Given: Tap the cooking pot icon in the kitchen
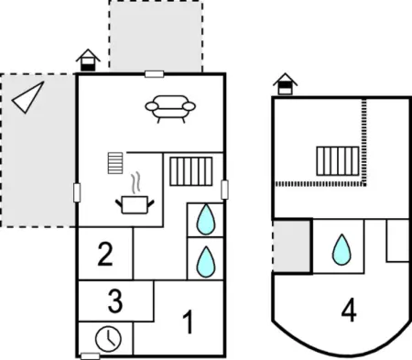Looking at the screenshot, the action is [x=135, y=204].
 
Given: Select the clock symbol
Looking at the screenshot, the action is [x=108, y=339].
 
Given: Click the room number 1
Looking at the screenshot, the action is [x=189, y=322].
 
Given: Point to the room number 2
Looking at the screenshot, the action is [x=105, y=254].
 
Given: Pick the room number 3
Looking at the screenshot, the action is [x=115, y=301].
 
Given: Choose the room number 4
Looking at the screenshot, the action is [x=349, y=311].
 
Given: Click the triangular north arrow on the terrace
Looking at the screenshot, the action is [x=27, y=97].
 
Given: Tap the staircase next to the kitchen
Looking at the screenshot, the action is [x=191, y=171].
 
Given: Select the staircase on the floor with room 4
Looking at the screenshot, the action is [x=338, y=161].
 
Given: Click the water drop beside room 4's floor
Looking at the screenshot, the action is [x=342, y=250].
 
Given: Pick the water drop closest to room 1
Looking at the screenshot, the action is [x=206, y=262].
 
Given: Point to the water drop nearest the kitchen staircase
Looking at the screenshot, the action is [x=206, y=220].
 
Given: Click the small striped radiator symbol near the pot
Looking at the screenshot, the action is [x=115, y=163].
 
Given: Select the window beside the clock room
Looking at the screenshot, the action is [x=91, y=356].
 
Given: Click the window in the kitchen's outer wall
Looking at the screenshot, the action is [x=77, y=192].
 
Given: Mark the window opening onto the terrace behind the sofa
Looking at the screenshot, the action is [x=155, y=74].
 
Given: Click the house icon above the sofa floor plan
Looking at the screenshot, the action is [x=88, y=60].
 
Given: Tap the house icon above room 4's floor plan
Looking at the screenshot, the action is [x=285, y=83].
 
